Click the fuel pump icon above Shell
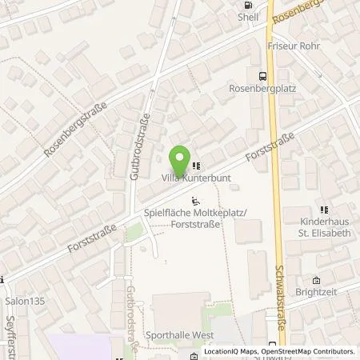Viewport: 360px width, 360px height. [246, 3]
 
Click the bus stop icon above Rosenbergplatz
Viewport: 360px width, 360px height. [262, 77]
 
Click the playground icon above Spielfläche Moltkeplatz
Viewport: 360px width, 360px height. [198, 202]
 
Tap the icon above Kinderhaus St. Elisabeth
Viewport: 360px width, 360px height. [325, 209]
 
